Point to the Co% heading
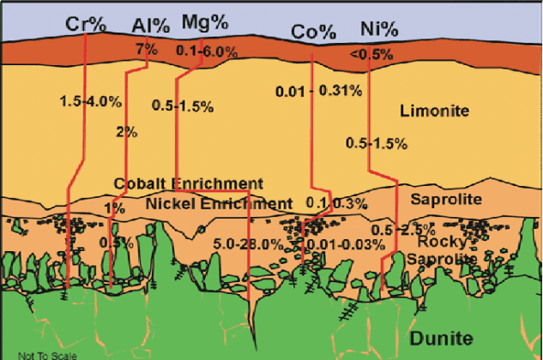[x=313, y=32]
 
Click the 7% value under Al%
[x=146, y=49]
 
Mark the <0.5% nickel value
[x=371, y=54]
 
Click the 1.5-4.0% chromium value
[x=91, y=101]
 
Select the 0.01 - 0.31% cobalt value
[x=318, y=91]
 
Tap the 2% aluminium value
[x=127, y=132]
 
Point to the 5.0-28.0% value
[x=249, y=243]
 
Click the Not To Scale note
[x=46, y=354]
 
